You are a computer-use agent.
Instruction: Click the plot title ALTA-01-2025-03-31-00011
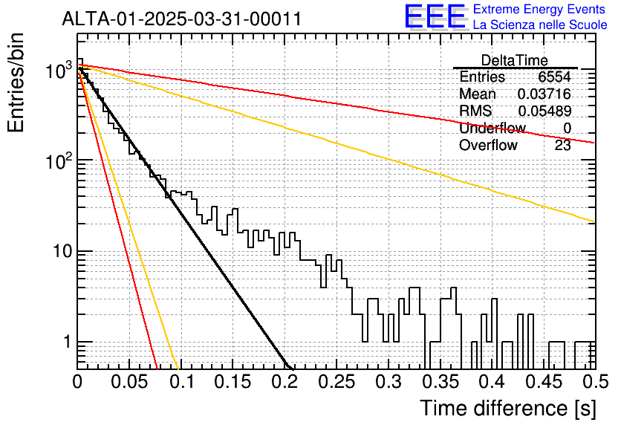coord(182,19)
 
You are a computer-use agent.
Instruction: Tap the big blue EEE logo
coord(435,17)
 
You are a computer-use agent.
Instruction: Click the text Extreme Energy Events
coord(539,9)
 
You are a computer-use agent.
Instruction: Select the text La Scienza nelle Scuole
coord(540,25)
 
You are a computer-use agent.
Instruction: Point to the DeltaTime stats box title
coord(515,60)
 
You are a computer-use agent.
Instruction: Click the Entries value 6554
coord(554,77)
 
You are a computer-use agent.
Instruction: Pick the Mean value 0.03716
coord(544,94)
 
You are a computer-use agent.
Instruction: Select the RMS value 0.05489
coord(544,111)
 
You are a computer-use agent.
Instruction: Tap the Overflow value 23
coord(563,146)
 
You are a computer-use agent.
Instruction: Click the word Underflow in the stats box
coord(492,128)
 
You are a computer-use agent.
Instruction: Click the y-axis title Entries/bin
coord(16,82)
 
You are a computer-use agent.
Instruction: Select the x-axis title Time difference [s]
coord(508,409)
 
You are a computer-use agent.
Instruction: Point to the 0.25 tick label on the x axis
coord(336,382)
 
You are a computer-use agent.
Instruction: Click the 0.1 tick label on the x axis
coord(181,382)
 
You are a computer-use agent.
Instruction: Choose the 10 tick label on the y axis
coord(62,251)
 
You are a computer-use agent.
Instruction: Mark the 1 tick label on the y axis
coord(67,342)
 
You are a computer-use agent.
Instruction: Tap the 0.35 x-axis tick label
coord(440,382)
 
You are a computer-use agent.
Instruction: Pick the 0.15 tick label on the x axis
coord(233,382)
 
